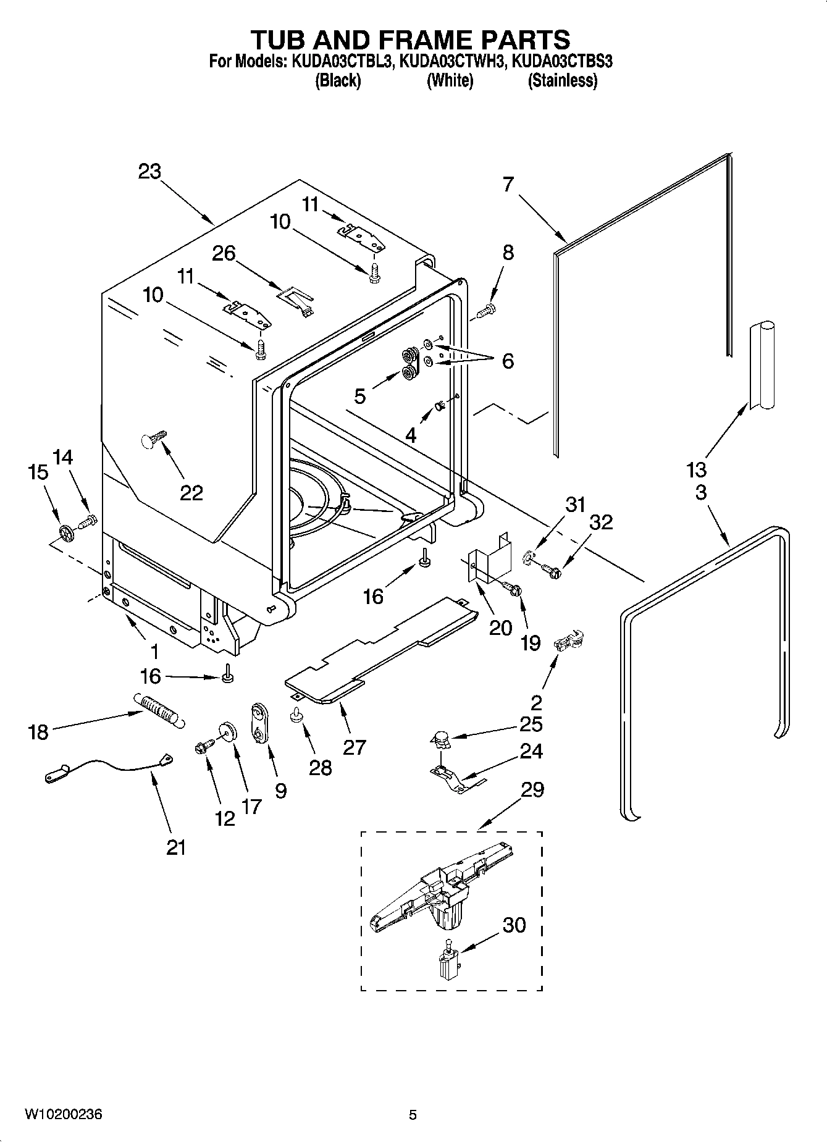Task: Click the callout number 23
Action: pyautogui.click(x=149, y=171)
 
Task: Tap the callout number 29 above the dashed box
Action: pyautogui.click(x=532, y=789)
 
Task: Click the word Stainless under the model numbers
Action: pyautogui.click(x=562, y=80)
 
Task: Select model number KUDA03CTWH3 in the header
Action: pyautogui.click(x=451, y=61)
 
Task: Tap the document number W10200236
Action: pyautogui.click(x=64, y=1114)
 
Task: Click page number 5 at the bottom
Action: pyautogui.click(x=413, y=1115)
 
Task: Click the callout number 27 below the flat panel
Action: pyautogui.click(x=355, y=747)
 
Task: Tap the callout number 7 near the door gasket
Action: pyautogui.click(x=508, y=184)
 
